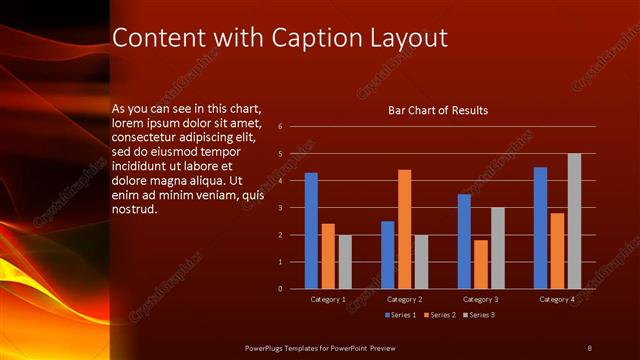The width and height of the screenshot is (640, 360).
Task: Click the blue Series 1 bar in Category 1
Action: [311, 231]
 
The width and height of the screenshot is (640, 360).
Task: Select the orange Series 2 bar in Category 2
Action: [404, 229]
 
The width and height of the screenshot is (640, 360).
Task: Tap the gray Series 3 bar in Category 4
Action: [574, 221]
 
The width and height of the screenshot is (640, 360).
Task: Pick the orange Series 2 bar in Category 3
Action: [481, 264]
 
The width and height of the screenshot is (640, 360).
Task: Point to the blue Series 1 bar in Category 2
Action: [388, 255]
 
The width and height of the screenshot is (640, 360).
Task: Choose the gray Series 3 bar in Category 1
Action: [344, 262]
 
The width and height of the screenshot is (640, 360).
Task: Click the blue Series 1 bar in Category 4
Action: [540, 228]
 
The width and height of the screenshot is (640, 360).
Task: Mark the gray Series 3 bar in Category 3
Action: [497, 248]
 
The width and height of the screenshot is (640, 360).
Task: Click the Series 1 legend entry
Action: [402, 315]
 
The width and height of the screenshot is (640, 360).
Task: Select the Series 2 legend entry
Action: [440, 315]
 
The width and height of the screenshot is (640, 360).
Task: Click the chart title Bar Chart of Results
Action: [438, 110]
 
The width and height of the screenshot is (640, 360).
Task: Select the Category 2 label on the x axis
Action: [404, 299]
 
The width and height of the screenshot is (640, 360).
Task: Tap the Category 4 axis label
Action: [557, 299]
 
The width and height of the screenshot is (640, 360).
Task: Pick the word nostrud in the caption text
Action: [135, 210]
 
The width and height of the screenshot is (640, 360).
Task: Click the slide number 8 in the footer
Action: [589, 347]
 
